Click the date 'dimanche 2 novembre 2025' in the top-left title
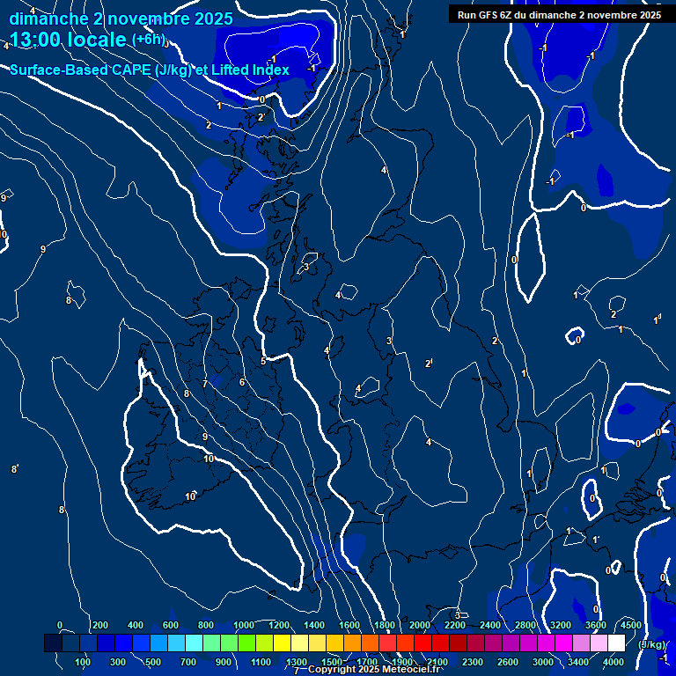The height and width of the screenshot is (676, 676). (121, 18)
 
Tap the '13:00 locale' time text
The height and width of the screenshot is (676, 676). (69, 40)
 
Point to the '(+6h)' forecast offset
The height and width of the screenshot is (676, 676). (148, 40)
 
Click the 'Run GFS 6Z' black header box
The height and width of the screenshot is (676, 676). (559, 14)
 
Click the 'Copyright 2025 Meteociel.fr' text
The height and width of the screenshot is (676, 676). (374, 669)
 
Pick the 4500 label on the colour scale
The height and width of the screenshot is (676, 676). (630, 625)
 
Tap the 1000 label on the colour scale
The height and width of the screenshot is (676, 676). (244, 625)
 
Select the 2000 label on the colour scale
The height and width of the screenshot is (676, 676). (420, 625)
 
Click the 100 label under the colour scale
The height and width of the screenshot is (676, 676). (84, 662)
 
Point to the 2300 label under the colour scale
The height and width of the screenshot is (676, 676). (473, 662)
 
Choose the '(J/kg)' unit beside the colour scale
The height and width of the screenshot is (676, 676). (651, 644)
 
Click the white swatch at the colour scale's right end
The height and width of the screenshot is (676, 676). (616, 643)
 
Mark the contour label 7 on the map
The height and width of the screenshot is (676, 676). (204, 384)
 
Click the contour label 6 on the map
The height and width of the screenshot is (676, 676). (242, 382)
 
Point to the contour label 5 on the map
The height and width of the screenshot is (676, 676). (262, 361)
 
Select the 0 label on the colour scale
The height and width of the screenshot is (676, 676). (60, 625)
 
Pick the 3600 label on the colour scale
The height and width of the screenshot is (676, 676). (596, 625)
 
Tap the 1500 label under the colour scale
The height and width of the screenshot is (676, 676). (332, 662)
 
